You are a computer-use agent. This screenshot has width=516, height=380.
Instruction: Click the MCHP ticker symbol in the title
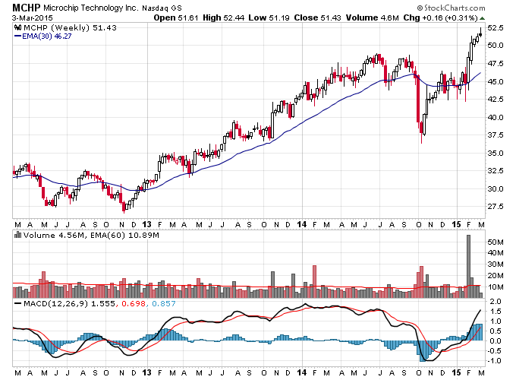point(27,8)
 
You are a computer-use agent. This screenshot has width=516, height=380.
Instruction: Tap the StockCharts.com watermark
point(451,8)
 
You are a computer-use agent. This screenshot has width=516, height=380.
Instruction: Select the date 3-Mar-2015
point(32,17)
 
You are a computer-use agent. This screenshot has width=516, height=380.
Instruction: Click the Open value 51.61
point(188,17)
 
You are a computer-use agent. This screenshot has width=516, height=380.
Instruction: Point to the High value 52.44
point(234,17)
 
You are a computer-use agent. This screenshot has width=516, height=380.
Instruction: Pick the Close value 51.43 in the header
point(331,17)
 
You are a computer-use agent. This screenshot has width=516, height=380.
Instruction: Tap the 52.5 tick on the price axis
point(496,28)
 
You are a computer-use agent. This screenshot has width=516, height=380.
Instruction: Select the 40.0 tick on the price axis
point(496,117)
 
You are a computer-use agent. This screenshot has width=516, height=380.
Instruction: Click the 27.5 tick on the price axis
point(496,207)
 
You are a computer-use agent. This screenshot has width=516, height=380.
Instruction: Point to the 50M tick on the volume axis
point(496,242)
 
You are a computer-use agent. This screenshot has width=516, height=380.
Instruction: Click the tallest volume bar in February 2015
point(469,266)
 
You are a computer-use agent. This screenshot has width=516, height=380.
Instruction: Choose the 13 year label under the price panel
point(146,224)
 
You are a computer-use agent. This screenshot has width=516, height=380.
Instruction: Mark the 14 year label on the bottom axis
point(301,372)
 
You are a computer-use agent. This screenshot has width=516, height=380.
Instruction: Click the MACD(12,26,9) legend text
point(55,303)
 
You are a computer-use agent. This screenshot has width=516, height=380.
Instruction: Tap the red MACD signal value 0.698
point(134,303)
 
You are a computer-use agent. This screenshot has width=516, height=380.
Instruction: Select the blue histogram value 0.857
point(164,303)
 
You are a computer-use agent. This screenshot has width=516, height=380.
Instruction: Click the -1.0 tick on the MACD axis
point(494,361)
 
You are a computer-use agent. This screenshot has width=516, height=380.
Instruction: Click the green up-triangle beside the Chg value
point(482,18)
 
